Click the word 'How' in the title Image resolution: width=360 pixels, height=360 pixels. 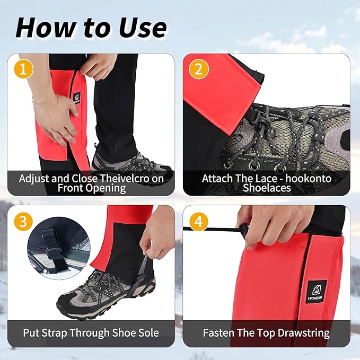[41, 27]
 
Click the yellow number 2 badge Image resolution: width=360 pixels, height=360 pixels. [198, 69]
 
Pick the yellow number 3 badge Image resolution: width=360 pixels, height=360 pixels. [22, 221]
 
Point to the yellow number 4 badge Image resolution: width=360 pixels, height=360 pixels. [198, 221]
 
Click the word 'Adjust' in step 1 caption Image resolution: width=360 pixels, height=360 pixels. [37, 178]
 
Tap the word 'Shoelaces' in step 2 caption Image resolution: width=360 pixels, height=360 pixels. [267, 188]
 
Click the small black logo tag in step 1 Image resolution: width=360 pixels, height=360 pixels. [76, 98]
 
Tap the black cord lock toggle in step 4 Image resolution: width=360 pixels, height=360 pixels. [244, 230]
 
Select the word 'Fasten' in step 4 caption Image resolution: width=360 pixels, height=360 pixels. [220, 333]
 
